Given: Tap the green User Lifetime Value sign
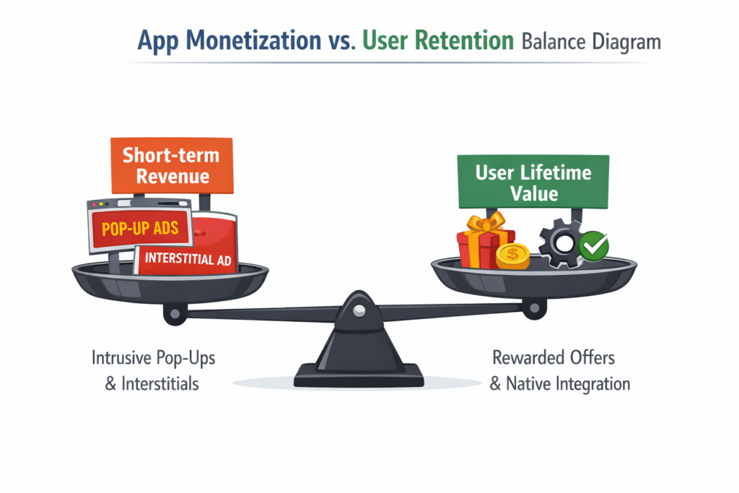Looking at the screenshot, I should (x=533, y=183).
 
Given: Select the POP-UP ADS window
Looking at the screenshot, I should (x=139, y=229).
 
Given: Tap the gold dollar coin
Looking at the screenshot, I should (x=513, y=256).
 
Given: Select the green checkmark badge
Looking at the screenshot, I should (x=594, y=246).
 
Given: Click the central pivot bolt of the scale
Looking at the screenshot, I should (x=359, y=309).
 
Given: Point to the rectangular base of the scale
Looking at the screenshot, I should (x=359, y=375).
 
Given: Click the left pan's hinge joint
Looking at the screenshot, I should (x=173, y=313).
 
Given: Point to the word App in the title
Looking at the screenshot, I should (x=158, y=42).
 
